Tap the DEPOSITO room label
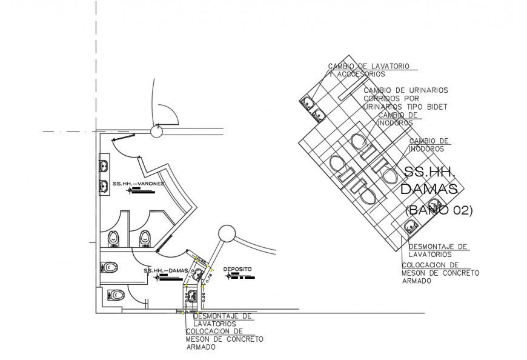pyautogui.click(x=237, y=268)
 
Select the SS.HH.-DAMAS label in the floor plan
pyautogui.click(x=161, y=270)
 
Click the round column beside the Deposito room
pyautogui.click(x=227, y=233)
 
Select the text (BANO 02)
pyautogui.click(x=439, y=210)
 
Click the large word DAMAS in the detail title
pyautogui.click(x=429, y=189)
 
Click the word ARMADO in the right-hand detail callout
pyautogui.click(x=419, y=281)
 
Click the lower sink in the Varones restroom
pyautogui.click(x=103, y=185)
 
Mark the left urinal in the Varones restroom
pyautogui.click(x=114, y=238)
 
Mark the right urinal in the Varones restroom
pyautogui.click(x=145, y=238)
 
